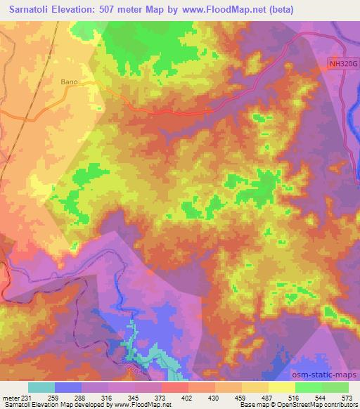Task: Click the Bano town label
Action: pos(89,82)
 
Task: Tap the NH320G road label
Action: pos(342,63)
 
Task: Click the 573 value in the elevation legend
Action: pos(347,397)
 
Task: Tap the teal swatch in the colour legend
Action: pos(41,387)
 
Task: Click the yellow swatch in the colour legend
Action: pos(282,387)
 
